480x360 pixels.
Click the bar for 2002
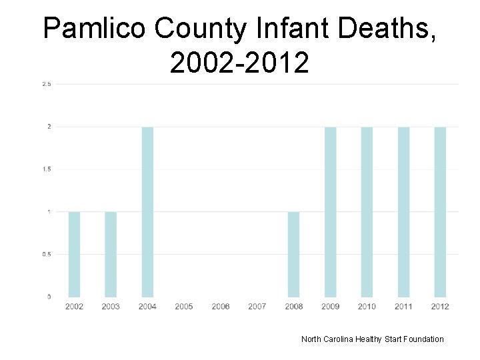click(74, 254)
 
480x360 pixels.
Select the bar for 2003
click(111, 254)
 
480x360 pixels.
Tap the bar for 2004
click(147, 212)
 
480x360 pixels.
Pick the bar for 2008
click(293, 254)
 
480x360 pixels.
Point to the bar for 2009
click(330, 212)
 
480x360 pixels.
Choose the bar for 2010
click(367, 212)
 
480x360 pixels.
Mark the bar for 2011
click(403, 212)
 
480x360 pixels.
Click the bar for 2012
click(440, 212)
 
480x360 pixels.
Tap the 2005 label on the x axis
click(184, 307)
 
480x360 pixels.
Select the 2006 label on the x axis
click(221, 307)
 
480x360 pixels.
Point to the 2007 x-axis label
click(257, 307)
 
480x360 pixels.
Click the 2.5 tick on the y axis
click(47, 84)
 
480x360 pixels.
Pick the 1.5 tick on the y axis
click(47, 169)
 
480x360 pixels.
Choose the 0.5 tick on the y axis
click(47, 254)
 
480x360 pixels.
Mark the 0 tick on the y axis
click(49, 297)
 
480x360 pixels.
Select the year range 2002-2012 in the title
click(239, 63)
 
